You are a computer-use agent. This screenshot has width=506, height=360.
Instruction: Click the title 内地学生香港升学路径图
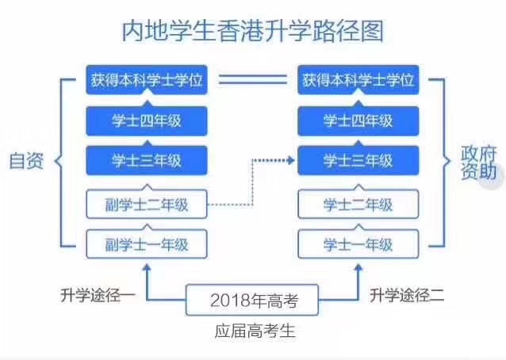click(252, 31)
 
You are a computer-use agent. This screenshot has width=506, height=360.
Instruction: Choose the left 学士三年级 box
click(146, 161)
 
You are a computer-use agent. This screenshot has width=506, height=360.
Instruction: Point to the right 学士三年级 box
click(358, 161)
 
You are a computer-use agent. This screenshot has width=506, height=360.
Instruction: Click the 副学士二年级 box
click(146, 203)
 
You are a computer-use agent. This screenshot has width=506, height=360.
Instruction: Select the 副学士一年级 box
click(146, 243)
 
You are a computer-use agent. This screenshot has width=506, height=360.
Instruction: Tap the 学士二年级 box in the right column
click(358, 203)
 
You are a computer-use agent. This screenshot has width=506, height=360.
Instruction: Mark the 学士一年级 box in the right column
click(358, 243)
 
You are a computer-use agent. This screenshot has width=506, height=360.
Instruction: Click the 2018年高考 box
click(253, 301)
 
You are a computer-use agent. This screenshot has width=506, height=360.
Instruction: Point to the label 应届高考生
click(254, 331)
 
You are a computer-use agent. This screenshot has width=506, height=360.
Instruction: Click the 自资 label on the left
click(26, 161)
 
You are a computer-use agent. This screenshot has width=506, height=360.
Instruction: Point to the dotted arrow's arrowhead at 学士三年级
click(291, 161)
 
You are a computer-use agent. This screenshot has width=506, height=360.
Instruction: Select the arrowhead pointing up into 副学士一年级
click(146, 266)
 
